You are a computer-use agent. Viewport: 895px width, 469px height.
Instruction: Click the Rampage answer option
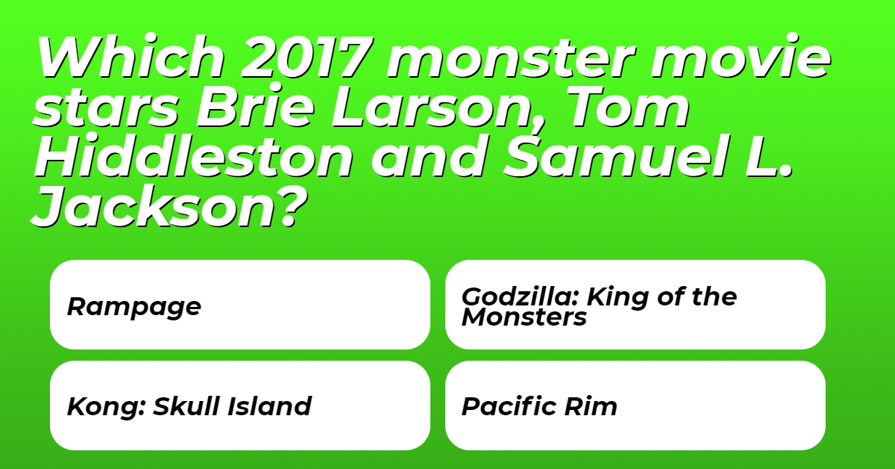coord(239,305)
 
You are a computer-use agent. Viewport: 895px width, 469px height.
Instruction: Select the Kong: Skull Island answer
coord(239,406)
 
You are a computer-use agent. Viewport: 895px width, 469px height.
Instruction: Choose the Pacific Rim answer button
coord(635,406)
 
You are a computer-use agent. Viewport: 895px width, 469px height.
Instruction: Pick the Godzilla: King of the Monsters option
coord(635,305)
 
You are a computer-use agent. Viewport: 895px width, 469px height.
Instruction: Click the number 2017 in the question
coord(307,57)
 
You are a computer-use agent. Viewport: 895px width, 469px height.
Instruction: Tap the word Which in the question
coord(131,57)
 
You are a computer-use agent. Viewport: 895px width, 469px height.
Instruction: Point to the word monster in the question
coord(511,58)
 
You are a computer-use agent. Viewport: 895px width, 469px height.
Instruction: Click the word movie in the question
coord(741,57)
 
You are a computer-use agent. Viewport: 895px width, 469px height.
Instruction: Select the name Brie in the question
coord(255,105)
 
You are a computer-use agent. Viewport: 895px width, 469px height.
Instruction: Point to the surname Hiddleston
coord(194,155)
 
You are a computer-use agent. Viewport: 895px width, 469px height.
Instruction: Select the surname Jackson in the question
coord(154,208)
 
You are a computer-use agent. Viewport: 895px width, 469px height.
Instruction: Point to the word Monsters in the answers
coord(524,317)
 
